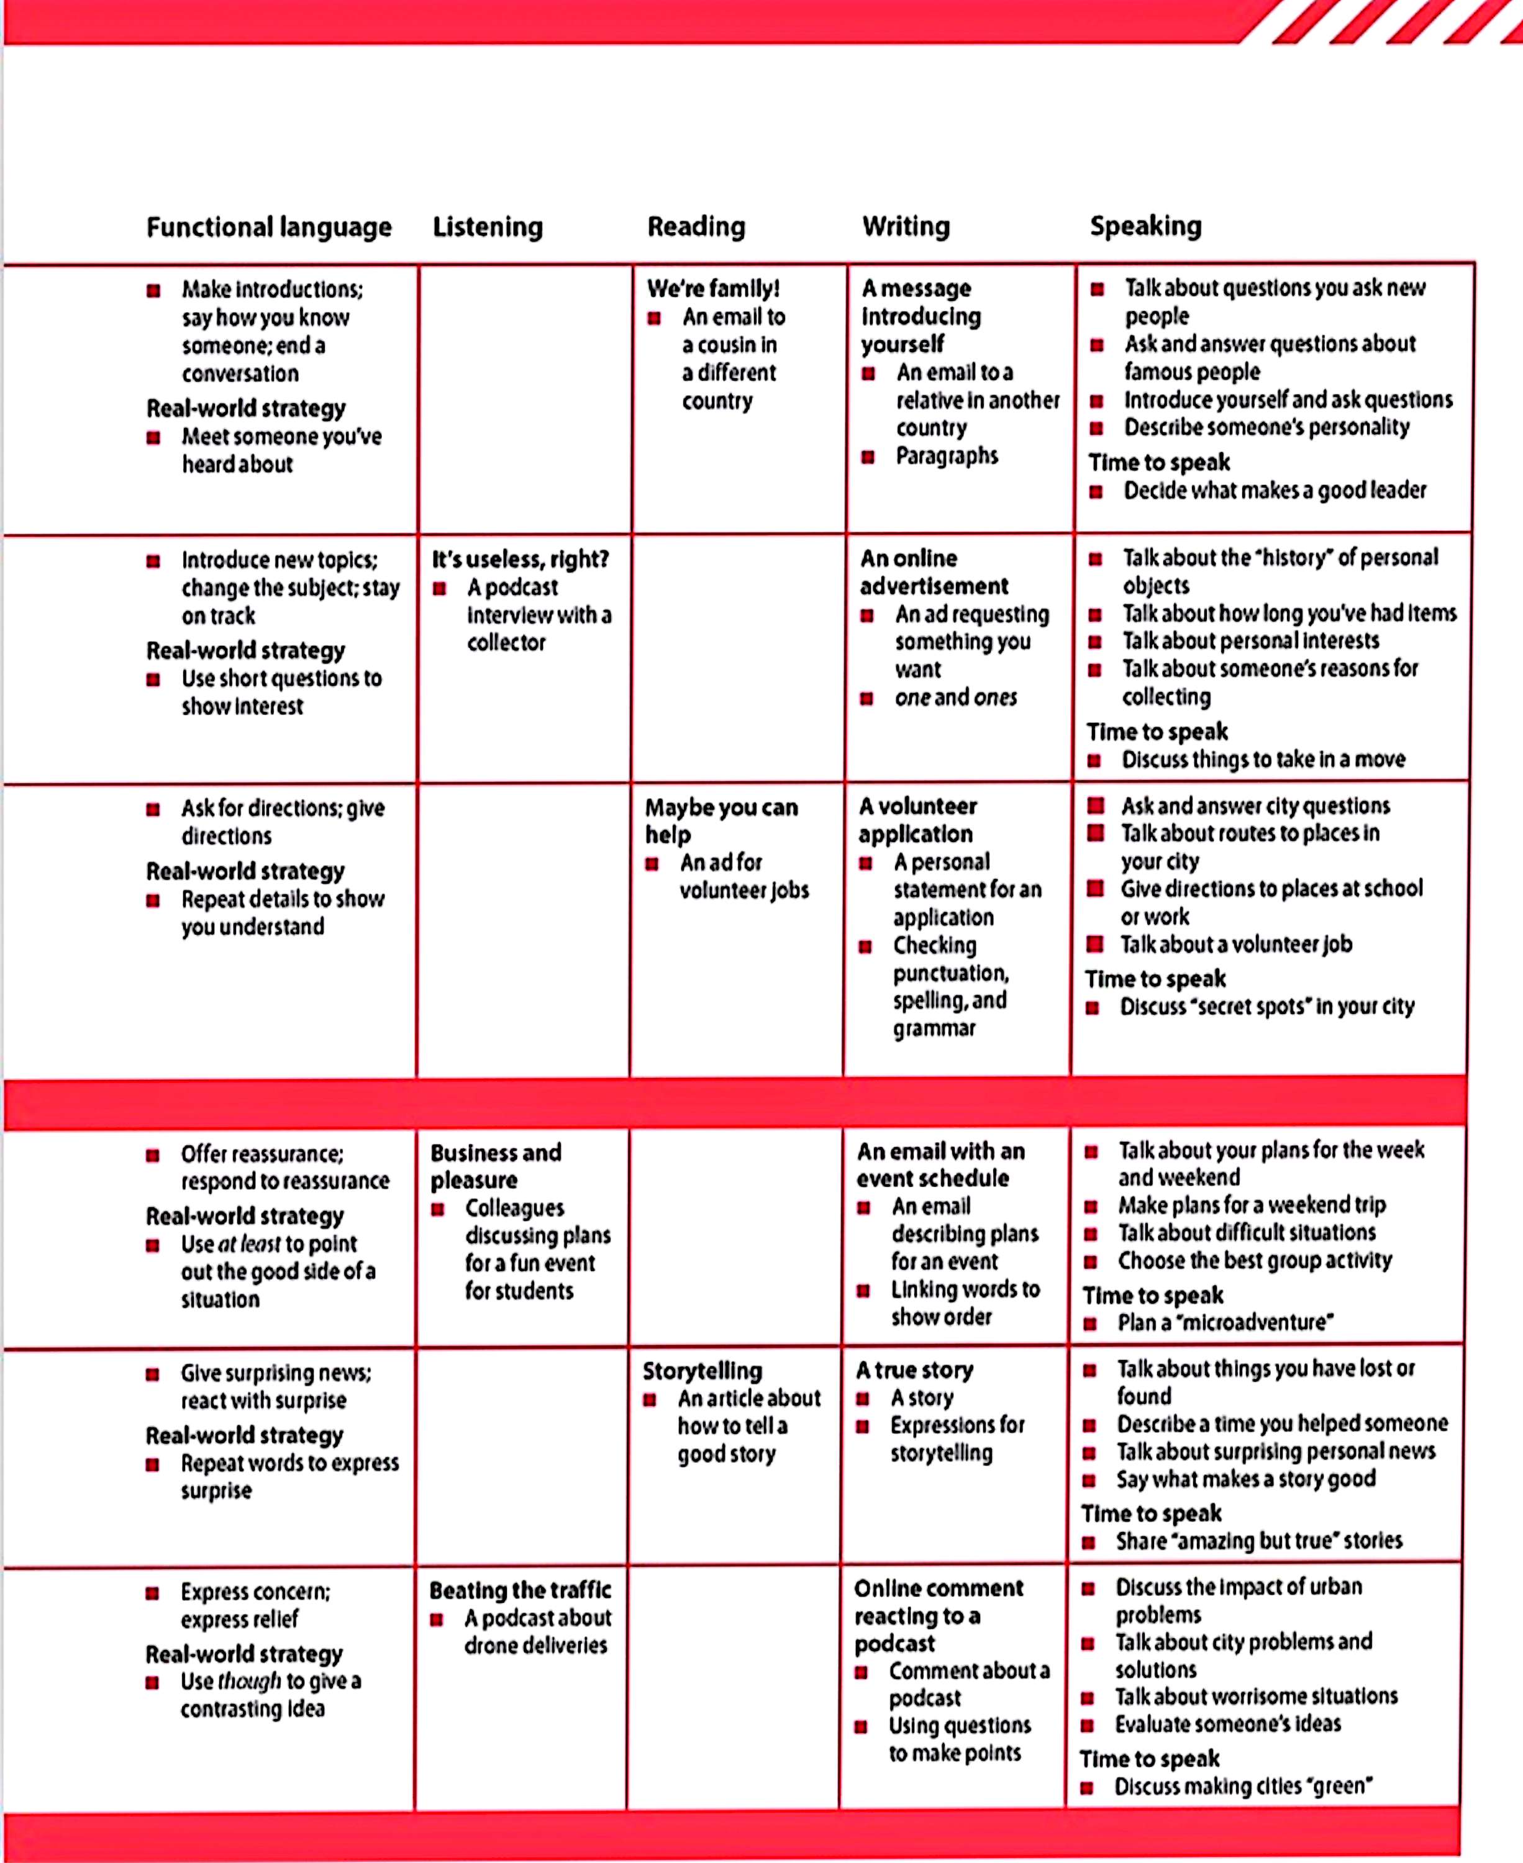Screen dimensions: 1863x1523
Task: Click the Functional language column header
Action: point(268,228)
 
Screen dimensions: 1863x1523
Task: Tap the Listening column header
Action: point(488,227)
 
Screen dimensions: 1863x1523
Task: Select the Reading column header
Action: point(696,227)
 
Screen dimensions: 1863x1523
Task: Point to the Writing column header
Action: point(906,227)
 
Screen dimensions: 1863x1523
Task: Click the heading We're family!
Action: point(712,289)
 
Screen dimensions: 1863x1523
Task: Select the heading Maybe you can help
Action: point(721,820)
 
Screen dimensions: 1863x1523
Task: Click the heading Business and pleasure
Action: point(495,1166)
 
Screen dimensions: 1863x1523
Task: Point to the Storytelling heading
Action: point(702,1371)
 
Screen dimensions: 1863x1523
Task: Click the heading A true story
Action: point(914,1370)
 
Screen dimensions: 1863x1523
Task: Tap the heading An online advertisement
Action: point(934,572)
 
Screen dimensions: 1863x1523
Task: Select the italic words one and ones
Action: point(955,698)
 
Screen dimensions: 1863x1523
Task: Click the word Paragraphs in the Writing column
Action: point(947,456)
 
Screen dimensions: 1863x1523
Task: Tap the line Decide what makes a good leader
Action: point(1275,491)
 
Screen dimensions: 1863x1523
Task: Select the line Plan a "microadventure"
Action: point(1225,1323)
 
